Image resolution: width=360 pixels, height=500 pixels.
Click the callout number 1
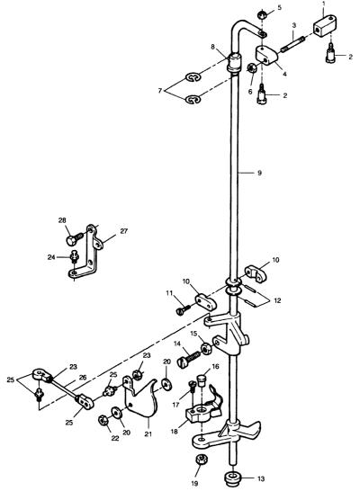(324, 4)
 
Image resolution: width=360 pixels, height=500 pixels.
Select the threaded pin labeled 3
(293, 44)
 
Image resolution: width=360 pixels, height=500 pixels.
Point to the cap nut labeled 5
(262, 14)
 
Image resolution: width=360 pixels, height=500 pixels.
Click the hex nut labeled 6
(252, 67)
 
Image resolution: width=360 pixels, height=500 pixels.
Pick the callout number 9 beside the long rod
(259, 173)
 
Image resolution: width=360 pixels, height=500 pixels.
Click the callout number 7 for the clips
(160, 91)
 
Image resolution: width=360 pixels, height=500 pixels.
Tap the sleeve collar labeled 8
(234, 63)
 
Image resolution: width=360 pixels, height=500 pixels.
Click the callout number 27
(123, 231)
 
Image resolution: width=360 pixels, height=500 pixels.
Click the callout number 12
(277, 300)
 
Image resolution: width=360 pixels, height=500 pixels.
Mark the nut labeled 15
(206, 349)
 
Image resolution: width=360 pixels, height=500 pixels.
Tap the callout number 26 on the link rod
(82, 378)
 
